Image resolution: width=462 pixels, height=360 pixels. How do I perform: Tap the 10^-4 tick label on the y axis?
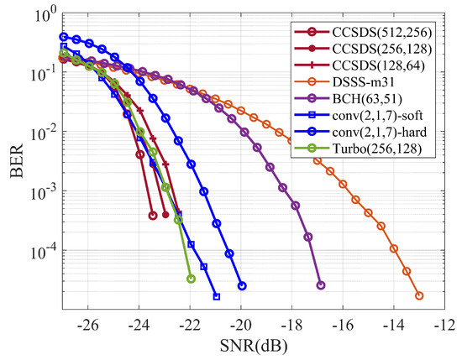pyautogui.click(x=40, y=251)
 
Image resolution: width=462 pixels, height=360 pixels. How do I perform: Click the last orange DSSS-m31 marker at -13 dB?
pyautogui.click(x=419, y=295)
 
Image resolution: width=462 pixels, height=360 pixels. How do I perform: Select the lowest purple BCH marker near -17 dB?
pyautogui.click(x=321, y=285)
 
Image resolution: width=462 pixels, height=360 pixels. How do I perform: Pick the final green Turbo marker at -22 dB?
pyautogui.click(x=191, y=279)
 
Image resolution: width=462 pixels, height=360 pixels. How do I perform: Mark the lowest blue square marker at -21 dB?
pyautogui.click(x=217, y=296)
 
